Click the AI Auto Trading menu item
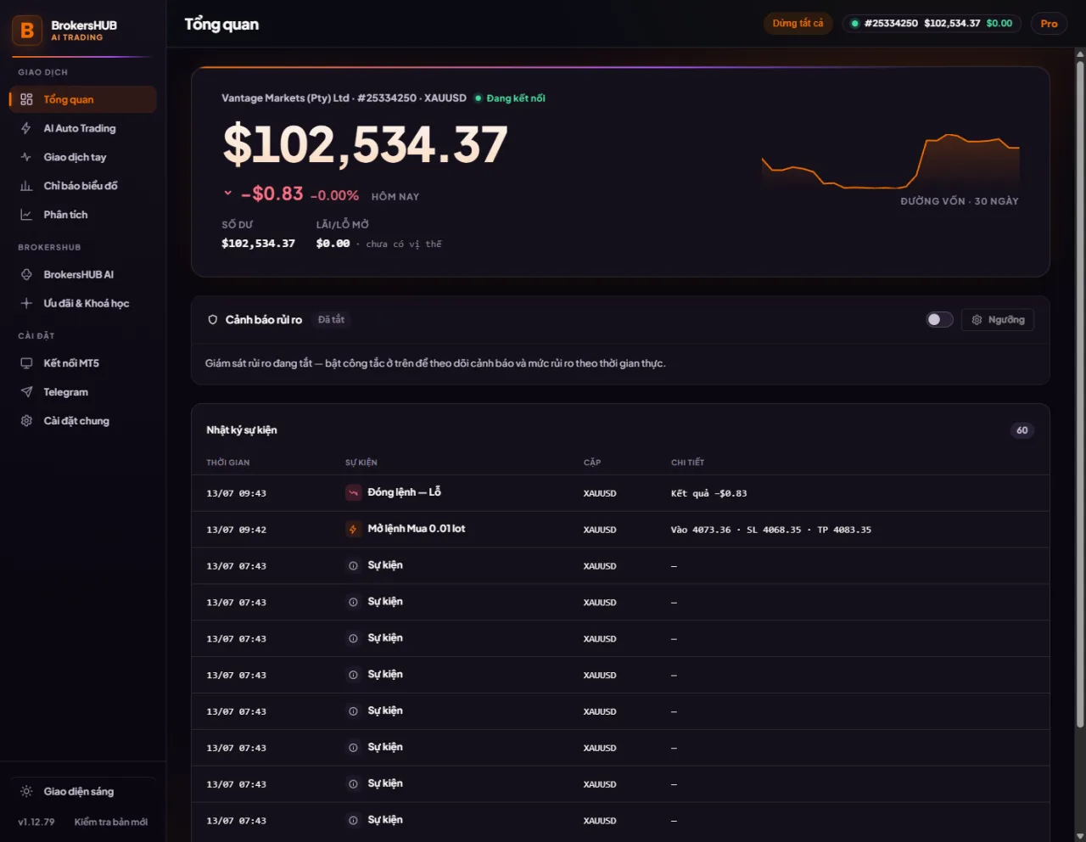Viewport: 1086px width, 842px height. tap(80, 128)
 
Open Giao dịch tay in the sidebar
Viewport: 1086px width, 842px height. tap(75, 157)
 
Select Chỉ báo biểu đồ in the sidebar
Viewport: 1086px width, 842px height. tap(81, 186)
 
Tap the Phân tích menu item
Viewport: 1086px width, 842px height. tap(65, 215)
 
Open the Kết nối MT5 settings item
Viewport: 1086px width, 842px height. tap(71, 363)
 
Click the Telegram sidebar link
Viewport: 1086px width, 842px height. tap(65, 392)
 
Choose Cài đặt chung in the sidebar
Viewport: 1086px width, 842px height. tap(76, 421)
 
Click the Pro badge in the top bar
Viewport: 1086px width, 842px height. tap(1049, 24)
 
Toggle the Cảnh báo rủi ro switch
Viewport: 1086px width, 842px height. tap(939, 319)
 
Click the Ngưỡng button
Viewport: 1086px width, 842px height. tap(998, 319)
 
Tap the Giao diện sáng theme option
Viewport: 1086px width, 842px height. tap(78, 792)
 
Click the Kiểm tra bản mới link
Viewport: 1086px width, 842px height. tap(111, 822)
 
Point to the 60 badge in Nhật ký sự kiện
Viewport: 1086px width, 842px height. tap(1022, 430)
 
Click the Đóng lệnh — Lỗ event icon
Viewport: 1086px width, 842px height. tap(353, 492)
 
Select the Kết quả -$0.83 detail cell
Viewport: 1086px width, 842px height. tap(708, 493)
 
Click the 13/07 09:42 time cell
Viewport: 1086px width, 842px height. tap(237, 530)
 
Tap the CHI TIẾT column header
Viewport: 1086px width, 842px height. tap(688, 463)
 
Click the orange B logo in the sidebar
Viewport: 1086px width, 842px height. tap(27, 30)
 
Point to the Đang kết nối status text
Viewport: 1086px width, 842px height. tap(516, 98)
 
